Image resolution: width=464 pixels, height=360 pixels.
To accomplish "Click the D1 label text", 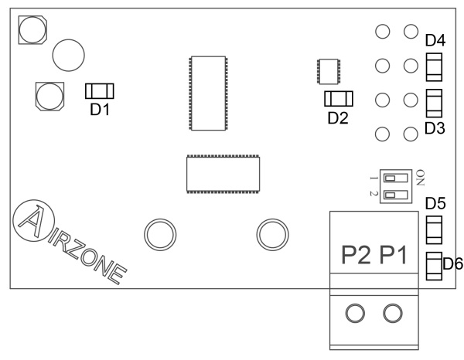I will (x=100, y=110).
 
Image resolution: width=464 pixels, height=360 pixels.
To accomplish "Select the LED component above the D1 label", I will (x=100, y=91).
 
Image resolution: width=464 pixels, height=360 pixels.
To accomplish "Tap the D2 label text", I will (x=338, y=117).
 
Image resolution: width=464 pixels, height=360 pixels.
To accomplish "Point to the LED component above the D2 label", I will (x=338, y=98).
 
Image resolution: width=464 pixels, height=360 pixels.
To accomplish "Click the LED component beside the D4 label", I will (x=435, y=65).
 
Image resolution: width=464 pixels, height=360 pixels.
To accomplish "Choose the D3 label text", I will (x=435, y=127).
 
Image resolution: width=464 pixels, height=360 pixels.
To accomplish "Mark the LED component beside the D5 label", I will (x=435, y=228).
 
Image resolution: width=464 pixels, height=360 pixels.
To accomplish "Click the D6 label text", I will (x=452, y=264).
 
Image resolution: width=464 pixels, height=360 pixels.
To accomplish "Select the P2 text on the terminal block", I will (x=357, y=256).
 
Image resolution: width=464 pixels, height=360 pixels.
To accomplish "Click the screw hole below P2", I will (x=355, y=313).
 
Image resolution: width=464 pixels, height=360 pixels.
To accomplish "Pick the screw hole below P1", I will (x=393, y=313).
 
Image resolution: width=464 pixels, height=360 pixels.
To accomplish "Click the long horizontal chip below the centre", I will (x=223, y=174).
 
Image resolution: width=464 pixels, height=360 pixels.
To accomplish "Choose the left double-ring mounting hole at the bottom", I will (x=158, y=231).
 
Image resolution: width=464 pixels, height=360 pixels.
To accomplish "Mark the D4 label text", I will (x=435, y=39).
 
